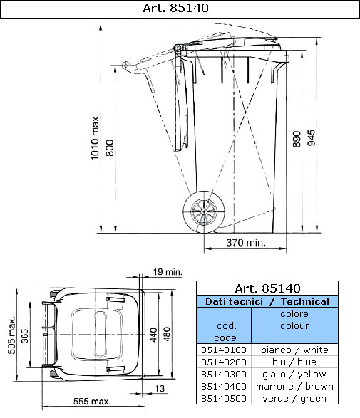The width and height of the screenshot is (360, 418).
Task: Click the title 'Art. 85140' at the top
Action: [180, 9]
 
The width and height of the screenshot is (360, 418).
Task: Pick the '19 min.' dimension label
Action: [168, 271]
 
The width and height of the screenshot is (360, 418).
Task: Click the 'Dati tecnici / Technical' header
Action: [267, 302]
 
